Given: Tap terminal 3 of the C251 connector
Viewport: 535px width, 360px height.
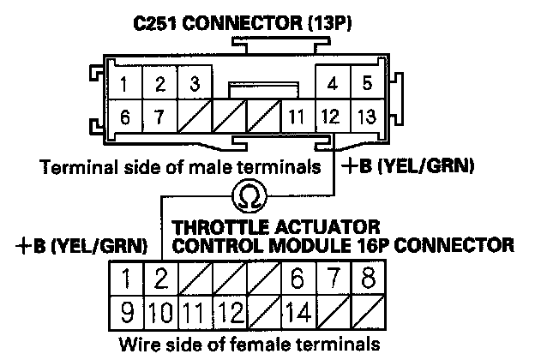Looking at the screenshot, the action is point(195,84).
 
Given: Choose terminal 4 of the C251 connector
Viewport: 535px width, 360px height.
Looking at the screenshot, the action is point(331,84).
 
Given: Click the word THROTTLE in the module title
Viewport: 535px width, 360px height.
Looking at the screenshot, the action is point(216,227).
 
